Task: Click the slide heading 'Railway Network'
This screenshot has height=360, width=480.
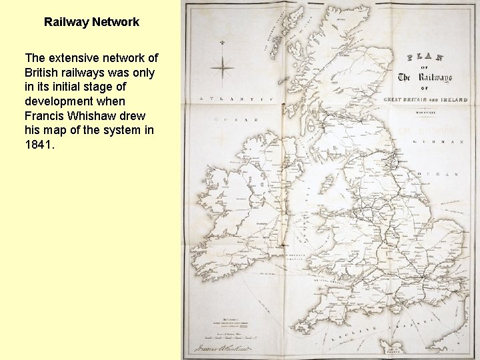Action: click(91, 22)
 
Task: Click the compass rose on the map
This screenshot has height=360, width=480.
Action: click(222, 67)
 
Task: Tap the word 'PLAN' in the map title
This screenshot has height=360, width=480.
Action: click(425, 58)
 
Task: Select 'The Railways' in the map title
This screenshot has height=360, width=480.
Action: click(425, 77)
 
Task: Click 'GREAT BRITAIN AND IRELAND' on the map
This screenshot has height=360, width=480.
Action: click(425, 100)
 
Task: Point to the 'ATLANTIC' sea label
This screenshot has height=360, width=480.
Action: click(233, 100)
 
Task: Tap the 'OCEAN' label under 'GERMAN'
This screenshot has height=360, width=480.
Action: click(437, 175)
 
